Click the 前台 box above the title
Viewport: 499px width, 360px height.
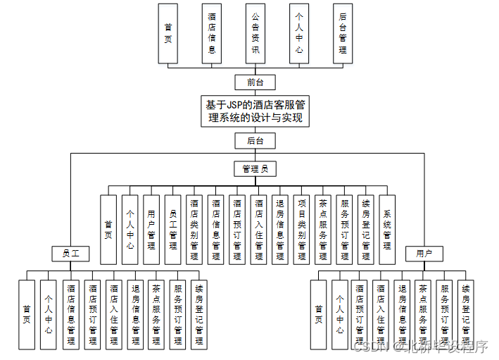pyautogui.click(x=255, y=82)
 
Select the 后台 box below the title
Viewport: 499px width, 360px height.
pyautogui.click(x=255, y=141)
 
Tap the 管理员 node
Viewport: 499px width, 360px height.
pyautogui.click(x=255, y=169)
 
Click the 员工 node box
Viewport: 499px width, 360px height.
pyautogui.click(x=70, y=253)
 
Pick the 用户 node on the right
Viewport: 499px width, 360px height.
pyautogui.click(x=424, y=253)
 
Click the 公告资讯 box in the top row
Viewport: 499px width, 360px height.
pyautogui.click(x=255, y=34)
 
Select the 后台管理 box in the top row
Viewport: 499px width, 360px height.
pyautogui.click(x=343, y=34)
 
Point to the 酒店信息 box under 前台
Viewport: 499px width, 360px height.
pyautogui.click(x=212, y=34)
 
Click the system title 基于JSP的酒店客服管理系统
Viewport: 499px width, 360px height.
pyautogui.click(x=255, y=111)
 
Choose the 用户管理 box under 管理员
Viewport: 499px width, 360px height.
pyautogui.click(x=151, y=230)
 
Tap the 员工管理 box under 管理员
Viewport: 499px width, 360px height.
pyautogui.click(x=173, y=230)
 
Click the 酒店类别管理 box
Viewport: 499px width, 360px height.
pyautogui.click(x=194, y=230)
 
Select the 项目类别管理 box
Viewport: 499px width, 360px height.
pyautogui.click(x=301, y=230)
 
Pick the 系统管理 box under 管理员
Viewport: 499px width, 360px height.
pyautogui.click(x=387, y=230)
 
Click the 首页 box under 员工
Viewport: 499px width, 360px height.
pyautogui.click(x=27, y=314)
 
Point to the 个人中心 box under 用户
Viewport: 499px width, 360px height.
pyautogui.click(x=340, y=314)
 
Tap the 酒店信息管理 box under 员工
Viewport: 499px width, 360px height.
pyautogui.click(x=70, y=314)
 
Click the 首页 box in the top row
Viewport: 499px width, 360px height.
pyautogui.click(x=168, y=34)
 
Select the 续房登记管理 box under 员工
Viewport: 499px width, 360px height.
pyautogui.click(x=199, y=314)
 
